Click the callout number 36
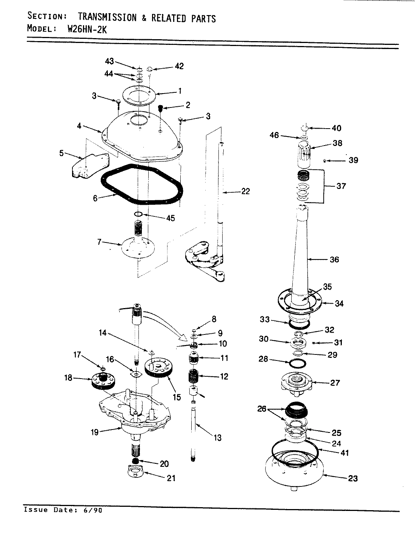pyautogui.click(x=334, y=259)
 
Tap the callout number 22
pyautogui.click(x=245, y=192)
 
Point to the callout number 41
pyautogui.click(x=344, y=452)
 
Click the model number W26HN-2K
pyautogui.click(x=87, y=29)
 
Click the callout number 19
pyautogui.click(x=94, y=432)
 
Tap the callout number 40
pyautogui.click(x=336, y=128)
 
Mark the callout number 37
pyautogui.click(x=341, y=186)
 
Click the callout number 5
pyautogui.click(x=62, y=154)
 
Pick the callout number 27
pyautogui.click(x=335, y=383)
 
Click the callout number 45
pyautogui.click(x=170, y=218)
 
